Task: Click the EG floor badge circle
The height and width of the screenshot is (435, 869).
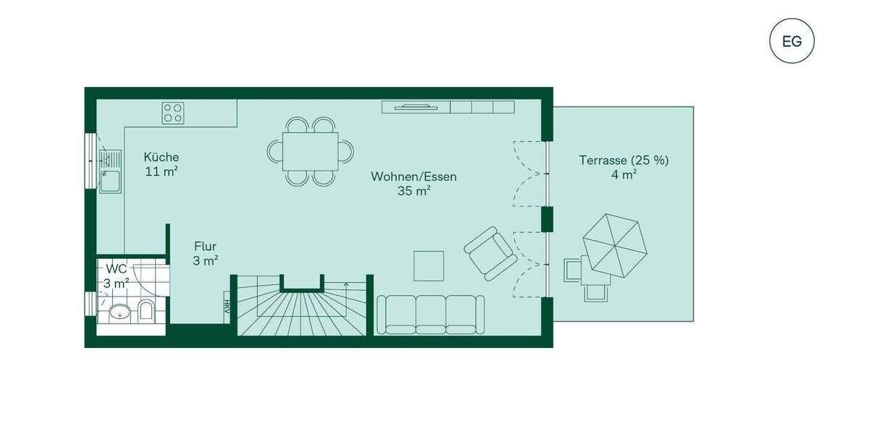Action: (x=792, y=41)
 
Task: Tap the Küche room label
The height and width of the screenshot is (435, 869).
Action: (x=161, y=157)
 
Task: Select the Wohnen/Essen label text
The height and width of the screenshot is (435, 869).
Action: (x=413, y=176)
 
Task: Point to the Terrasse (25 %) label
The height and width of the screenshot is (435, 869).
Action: (x=623, y=160)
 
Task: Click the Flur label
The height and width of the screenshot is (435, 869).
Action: (x=205, y=246)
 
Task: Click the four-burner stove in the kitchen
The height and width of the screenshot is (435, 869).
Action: (x=173, y=112)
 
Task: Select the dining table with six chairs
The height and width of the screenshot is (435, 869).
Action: (x=311, y=151)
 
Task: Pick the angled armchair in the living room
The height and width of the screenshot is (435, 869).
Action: (x=490, y=252)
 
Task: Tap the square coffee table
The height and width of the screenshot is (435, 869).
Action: (x=429, y=265)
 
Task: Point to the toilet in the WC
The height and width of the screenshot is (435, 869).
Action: (x=145, y=312)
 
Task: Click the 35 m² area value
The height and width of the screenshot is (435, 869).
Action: (x=413, y=191)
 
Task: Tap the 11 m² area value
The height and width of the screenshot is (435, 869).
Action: (x=161, y=172)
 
